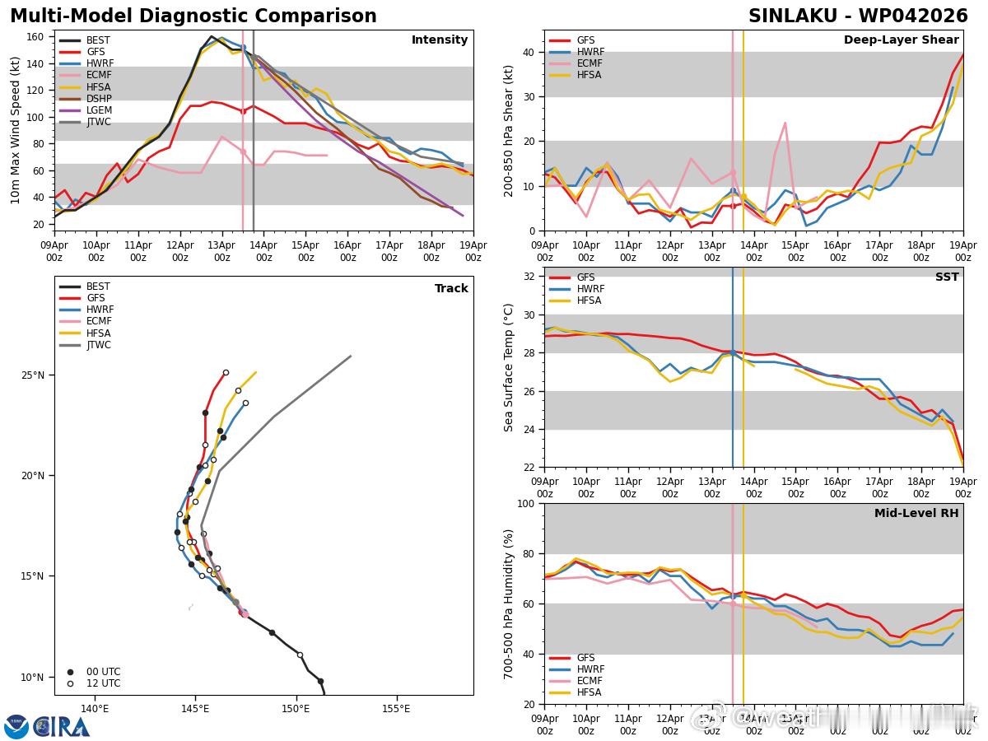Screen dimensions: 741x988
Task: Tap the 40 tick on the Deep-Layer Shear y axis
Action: pos(529,52)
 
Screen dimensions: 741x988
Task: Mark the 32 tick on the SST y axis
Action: pos(529,277)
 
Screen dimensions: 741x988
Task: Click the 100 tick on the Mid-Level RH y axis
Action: pos(526,503)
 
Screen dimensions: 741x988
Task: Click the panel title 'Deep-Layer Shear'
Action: pos(901,40)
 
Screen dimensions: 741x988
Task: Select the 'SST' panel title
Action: pos(947,277)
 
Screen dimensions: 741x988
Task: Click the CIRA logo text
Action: pos(62,726)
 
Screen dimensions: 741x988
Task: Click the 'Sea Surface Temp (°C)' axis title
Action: pos(509,367)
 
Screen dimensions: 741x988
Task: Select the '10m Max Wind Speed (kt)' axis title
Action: pos(15,130)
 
